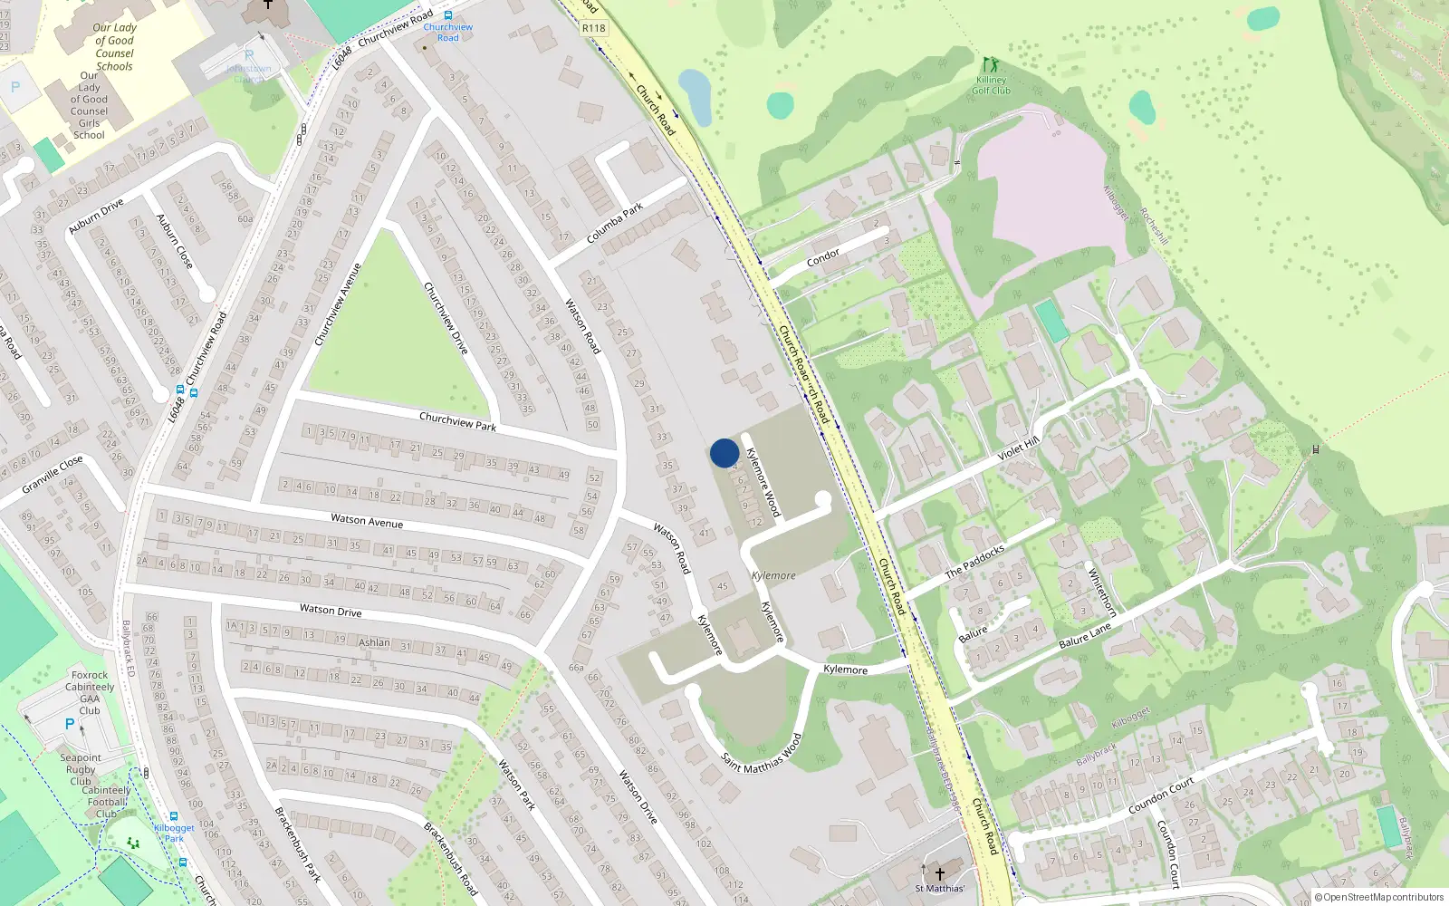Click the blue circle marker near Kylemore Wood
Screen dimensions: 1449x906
pyautogui.click(x=724, y=453)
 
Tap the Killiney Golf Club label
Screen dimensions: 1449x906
pyautogui.click(x=991, y=85)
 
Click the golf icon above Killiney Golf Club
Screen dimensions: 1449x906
pyautogui.click(x=991, y=65)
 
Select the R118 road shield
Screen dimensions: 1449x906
pyautogui.click(x=594, y=28)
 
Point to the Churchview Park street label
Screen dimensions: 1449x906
pyautogui.click(x=457, y=421)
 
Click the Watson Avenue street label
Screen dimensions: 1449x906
pyautogui.click(x=367, y=520)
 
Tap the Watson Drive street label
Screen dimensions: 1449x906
pyautogui.click(x=331, y=611)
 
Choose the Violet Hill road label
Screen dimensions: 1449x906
pyautogui.click(x=1018, y=448)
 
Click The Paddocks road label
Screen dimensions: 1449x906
pyautogui.click(x=974, y=562)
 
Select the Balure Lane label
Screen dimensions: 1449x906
pyautogui.click(x=1085, y=635)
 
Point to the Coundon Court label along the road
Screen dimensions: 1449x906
pyautogui.click(x=1161, y=795)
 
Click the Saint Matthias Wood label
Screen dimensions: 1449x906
pyautogui.click(x=762, y=754)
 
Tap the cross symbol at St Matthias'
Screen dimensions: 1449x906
pyautogui.click(x=940, y=874)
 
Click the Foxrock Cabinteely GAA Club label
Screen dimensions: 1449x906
pyautogui.click(x=90, y=692)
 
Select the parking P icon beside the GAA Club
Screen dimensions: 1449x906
pyautogui.click(x=70, y=724)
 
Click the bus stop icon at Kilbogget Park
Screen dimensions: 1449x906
pyautogui.click(x=174, y=816)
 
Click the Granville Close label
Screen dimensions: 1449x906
pyautogui.click(x=53, y=475)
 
